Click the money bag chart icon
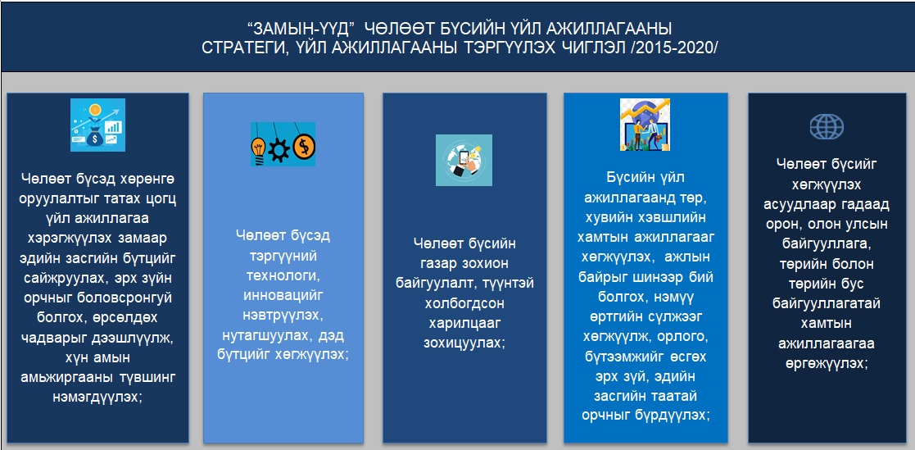(98, 125)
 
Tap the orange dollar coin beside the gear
(303, 146)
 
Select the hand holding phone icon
(464, 161)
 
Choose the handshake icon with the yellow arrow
(645, 125)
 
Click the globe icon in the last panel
(827, 125)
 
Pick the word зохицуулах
(464, 343)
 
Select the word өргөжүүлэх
(827, 363)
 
